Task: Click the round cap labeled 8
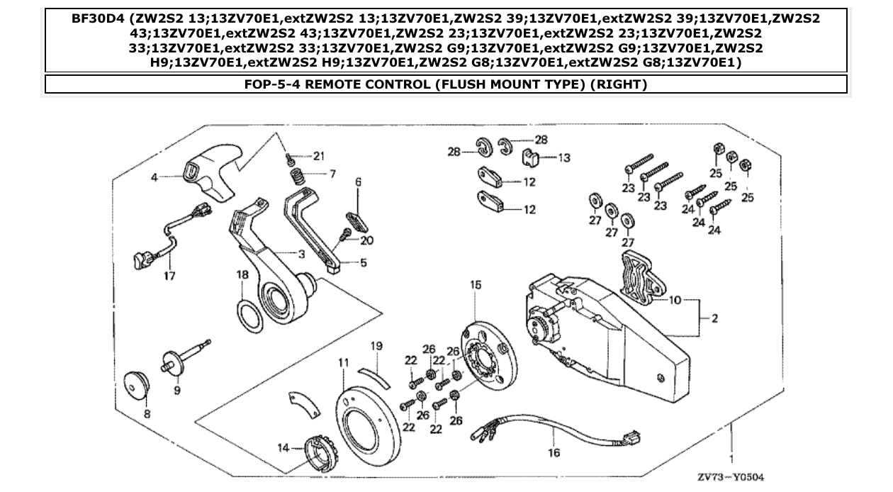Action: click(136, 385)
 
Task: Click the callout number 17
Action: click(169, 275)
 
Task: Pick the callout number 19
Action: click(376, 346)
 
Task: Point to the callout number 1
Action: click(731, 448)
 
